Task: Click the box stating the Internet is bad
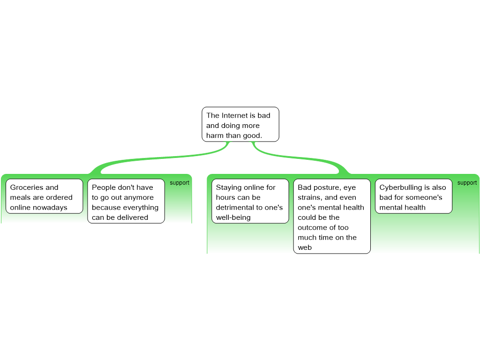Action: coord(240,124)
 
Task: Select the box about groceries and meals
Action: coord(45,196)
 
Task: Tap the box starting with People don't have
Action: coord(126,201)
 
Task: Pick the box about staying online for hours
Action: coord(250,201)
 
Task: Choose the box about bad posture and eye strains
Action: coord(332,216)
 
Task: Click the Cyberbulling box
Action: coord(413,196)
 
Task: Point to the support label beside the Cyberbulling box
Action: coord(467,183)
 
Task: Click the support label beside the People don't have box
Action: coord(180,183)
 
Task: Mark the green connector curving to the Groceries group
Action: coord(159,158)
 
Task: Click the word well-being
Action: coord(233,217)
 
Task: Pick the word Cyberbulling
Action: coord(400,187)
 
